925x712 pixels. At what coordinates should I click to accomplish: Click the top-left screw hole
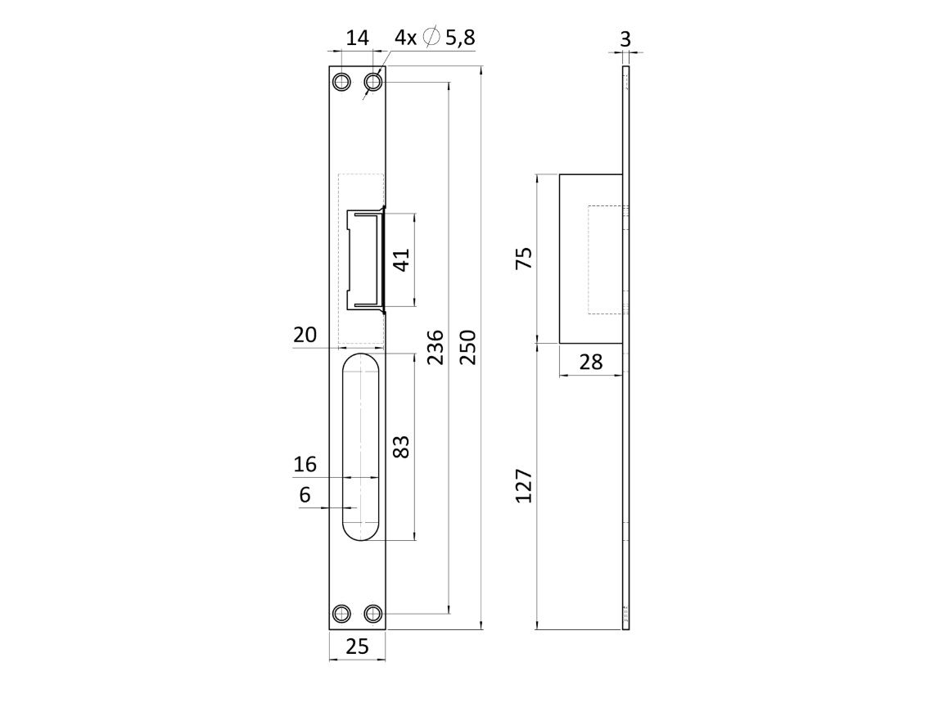pos(341,82)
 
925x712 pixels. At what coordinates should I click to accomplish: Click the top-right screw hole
pos(372,82)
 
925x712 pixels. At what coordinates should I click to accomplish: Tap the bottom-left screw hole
pos(341,614)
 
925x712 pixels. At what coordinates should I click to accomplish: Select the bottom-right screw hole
pos(372,614)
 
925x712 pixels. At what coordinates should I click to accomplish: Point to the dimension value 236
pos(435,348)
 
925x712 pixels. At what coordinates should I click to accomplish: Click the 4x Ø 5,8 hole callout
pos(435,37)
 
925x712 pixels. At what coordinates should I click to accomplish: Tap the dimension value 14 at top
pos(357,38)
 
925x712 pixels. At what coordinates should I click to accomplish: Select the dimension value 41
pos(401,260)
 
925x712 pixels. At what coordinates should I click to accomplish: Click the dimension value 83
pos(401,447)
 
